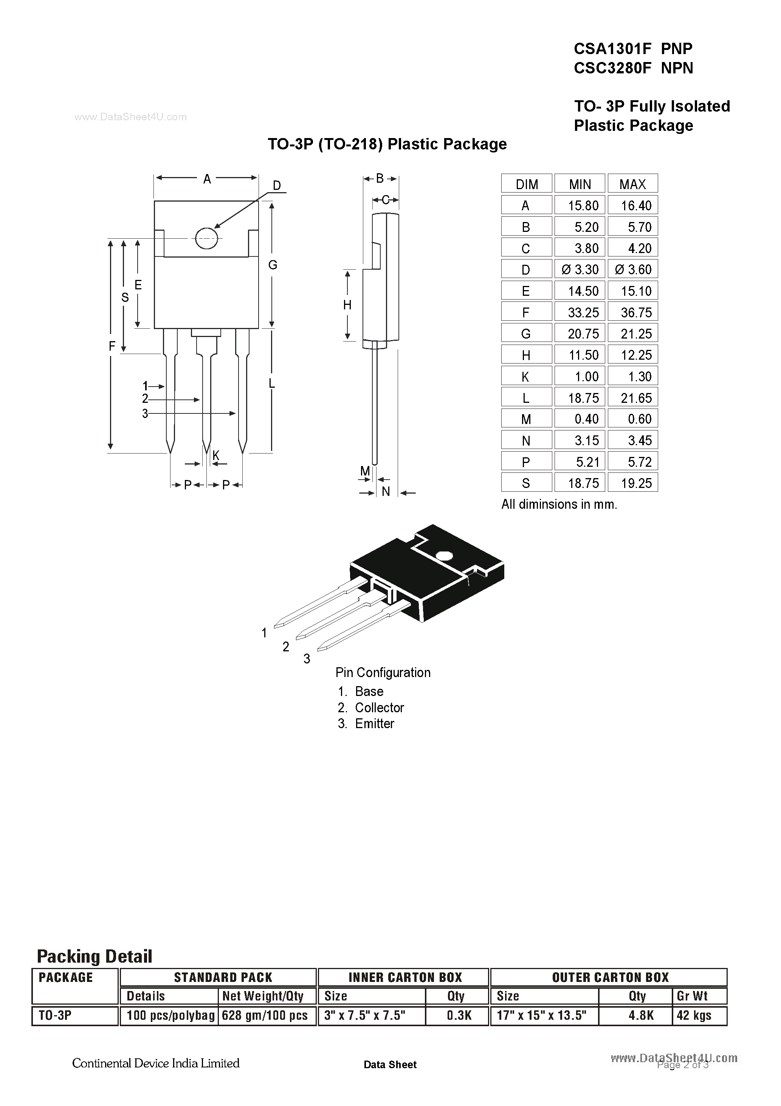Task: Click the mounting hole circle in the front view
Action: (x=206, y=238)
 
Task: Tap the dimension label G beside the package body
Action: (x=273, y=264)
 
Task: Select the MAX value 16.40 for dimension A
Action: (x=635, y=206)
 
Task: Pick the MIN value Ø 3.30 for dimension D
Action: (x=580, y=269)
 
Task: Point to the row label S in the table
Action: (x=526, y=483)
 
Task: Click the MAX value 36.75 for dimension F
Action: (x=635, y=313)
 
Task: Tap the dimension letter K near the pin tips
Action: (x=216, y=455)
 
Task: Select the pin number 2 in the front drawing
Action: (x=145, y=399)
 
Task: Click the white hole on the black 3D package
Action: (x=443, y=555)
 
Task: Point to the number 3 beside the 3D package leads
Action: (x=307, y=659)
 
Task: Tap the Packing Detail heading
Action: (x=95, y=956)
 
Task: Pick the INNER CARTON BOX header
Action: (x=405, y=977)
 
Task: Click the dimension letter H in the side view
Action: (x=347, y=305)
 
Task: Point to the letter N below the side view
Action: (x=386, y=491)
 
